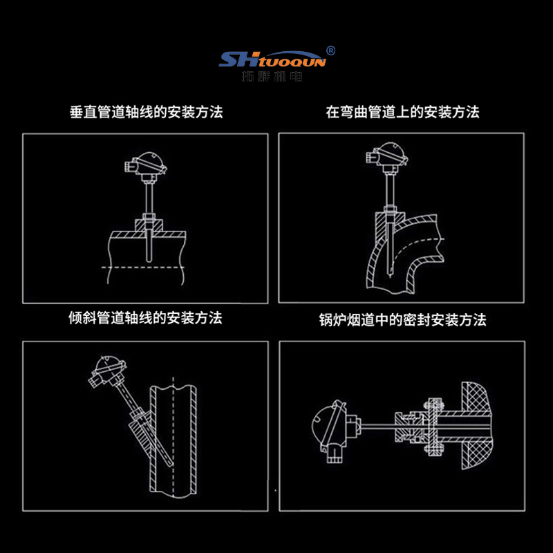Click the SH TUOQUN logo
click(x=272, y=59)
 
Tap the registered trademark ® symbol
click(x=331, y=50)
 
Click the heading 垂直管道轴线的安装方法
click(x=147, y=112)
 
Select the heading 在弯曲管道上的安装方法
click(x=402, y=112)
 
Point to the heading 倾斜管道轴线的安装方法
click(x=145, y=318)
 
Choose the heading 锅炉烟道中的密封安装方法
click(x=402, y=320)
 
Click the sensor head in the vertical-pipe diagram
click(x=146, y=165)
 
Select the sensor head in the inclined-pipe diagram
click(x=107, y=371)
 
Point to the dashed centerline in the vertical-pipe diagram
click(x=142, y=268)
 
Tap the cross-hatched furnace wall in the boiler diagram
click(x=477, y=425)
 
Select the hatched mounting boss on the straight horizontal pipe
click(x=149, y=225)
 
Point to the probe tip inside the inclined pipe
click(x=171, y=463)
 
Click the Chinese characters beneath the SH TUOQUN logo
click(x=272, y=76)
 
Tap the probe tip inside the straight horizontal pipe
click(x=149, y=259)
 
